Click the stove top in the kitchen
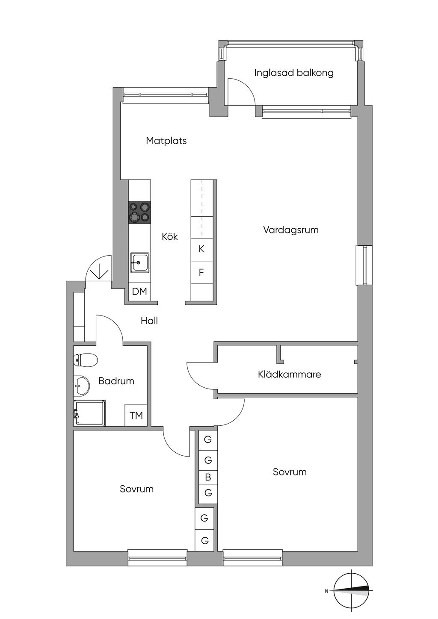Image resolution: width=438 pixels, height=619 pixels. (x=139, y=212)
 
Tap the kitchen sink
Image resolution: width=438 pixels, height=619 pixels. (x=139, y=262)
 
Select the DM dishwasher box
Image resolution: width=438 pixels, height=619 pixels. (x=139, y=292)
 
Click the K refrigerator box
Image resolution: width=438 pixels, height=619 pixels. (x=201, y=249)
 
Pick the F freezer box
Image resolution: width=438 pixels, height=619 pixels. (x=201, y=272)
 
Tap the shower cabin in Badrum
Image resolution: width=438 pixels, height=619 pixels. (x=90, y=413)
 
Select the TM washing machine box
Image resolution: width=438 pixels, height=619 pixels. (x=136, y=415)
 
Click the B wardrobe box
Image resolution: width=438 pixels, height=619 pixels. (x=208, y=478)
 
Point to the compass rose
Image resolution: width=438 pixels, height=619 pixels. (x=351, y=591)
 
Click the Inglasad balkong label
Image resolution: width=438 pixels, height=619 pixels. (x=294, y=73)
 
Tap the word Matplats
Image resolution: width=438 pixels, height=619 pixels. (x=166, y=141)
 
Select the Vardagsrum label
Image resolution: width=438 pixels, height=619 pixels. (x=290, y=230)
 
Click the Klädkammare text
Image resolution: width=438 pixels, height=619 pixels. (x=289, y=374)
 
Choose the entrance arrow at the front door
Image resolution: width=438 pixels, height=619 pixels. (x=99, y=272)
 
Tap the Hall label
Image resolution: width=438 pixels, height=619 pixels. (x=149, y=321)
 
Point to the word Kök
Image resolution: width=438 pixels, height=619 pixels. (x=170, y=236)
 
